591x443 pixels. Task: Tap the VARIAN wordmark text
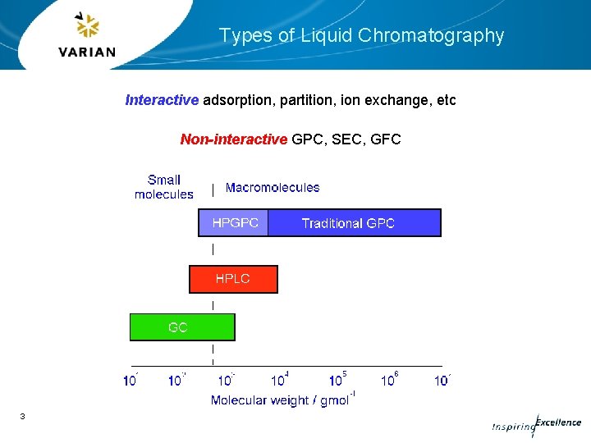[87, 52]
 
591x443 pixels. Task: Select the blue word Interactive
[162, 100]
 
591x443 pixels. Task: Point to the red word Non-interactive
[233, 139]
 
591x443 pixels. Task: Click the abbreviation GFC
[386, 139]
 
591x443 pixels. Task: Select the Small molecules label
[164, 187]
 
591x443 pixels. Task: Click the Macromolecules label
[273, 187]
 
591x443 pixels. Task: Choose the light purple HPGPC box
[234, 223]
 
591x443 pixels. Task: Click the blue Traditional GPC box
[354, 223]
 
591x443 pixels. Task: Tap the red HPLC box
[233, 279]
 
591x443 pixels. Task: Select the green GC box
[181, 327]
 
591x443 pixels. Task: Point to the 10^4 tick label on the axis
[280, 380]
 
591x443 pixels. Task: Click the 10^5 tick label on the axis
[337, 380]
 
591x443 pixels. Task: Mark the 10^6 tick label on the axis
[390, 380]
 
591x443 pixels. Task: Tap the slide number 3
[23, 418]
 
